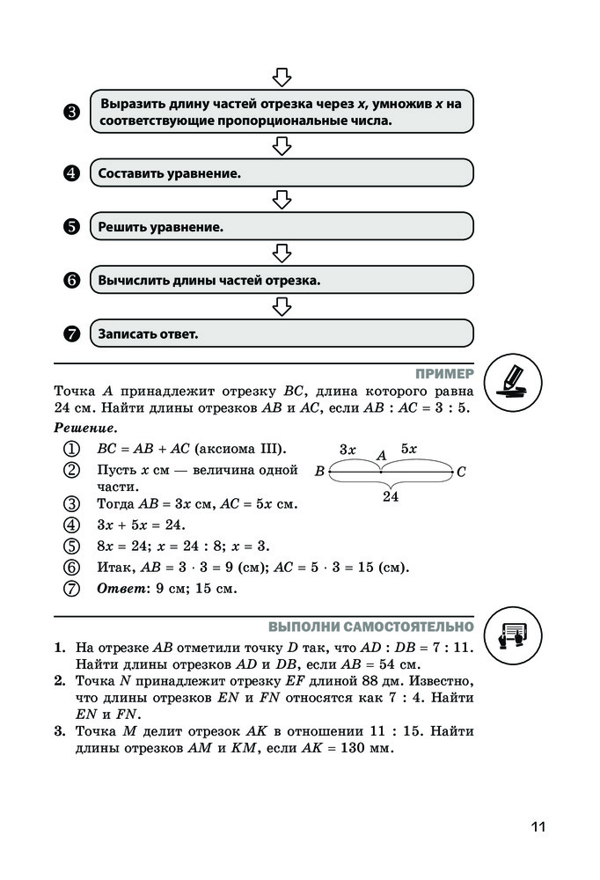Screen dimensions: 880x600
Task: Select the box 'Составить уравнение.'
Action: point(282,173)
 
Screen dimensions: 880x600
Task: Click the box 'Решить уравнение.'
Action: point(282,227)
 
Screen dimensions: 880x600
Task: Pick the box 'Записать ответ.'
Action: point(282,334)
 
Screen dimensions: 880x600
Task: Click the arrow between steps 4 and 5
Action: point(282,201)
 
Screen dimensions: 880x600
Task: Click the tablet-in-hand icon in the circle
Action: point(513,634)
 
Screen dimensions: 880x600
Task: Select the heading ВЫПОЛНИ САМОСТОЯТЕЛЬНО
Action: point(370,627)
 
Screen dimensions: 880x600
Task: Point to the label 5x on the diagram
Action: point(408,449)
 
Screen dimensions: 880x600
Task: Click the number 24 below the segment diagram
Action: point(391,497)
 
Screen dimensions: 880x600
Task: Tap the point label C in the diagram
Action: point(461,473)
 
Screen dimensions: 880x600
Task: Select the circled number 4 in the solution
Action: point(72,526)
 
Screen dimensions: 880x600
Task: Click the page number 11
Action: point(538,826)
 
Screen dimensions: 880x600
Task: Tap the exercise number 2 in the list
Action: point(59,681)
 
